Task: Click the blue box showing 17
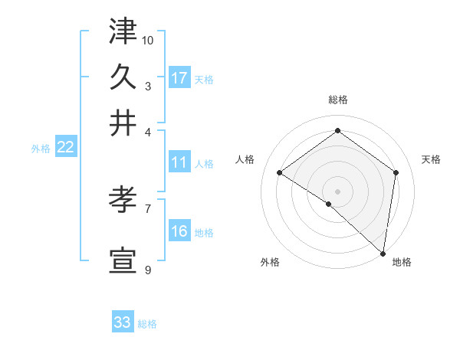click(x=179, y=78)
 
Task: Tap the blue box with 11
click(x=179, y=162)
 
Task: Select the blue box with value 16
click(x=179, y=231)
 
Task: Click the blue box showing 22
click(x=65, y=148)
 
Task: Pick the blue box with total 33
click(x=123, y=322)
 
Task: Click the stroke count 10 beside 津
click(x=148, y=39)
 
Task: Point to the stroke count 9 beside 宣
click(x=148, y=270)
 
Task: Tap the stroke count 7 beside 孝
click(x=148, y=208)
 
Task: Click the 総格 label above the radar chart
click(x=338, y=100)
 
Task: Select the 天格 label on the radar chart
click(x=431, y=159)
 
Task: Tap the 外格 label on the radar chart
click(x=270, y=262)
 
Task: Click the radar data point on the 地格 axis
click(x=383, y=252)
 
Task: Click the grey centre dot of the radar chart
click(x=337, y=191)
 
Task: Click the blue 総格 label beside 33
click(x=147, y=324)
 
